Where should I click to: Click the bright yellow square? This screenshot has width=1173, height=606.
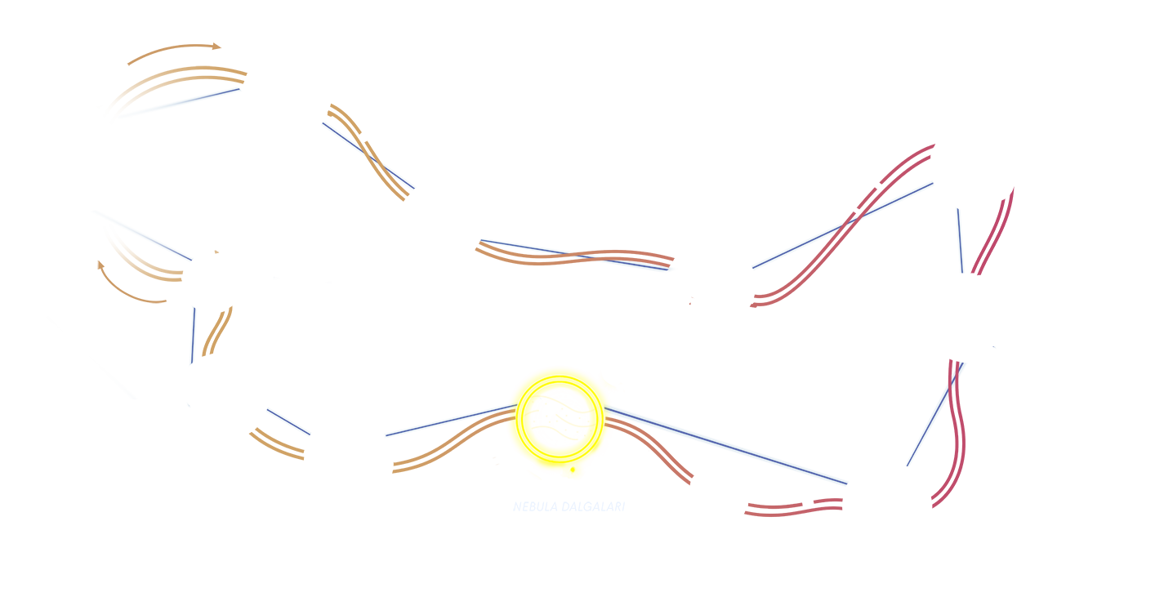(562, 457)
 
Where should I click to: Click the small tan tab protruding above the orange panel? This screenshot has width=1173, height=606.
(174, 53)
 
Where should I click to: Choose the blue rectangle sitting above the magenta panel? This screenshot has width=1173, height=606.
(909, 114)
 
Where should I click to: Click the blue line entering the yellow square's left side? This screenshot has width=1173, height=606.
(448, 420)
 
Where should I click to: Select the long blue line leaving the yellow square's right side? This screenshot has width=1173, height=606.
(727, 445)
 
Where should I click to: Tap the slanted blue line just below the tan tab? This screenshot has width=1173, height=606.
(180, 103)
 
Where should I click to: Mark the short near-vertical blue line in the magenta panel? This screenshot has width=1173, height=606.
(961, 241)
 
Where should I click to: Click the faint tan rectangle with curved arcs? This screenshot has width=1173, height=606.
(132, 282)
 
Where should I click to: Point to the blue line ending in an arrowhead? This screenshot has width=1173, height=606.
(578, 255)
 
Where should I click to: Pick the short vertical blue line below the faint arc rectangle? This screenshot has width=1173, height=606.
(194, 335)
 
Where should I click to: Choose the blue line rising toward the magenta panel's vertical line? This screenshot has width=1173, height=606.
(841, 225)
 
